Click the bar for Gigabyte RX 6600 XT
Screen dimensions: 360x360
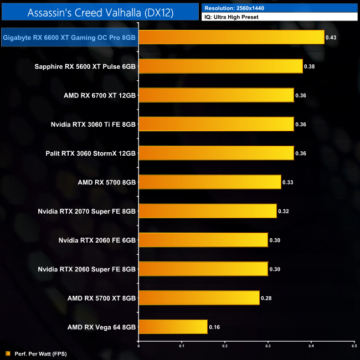coord(231,38)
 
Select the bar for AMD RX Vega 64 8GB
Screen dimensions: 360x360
coord(173,327)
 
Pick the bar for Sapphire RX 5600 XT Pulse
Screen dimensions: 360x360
coord(220,66)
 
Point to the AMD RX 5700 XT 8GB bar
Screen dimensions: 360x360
coord(199,298)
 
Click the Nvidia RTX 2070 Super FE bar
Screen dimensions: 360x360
coord(207,211)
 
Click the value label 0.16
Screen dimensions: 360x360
coord(214,327)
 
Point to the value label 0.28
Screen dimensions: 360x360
coord(266,298)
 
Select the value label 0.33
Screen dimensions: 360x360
coord(288,182)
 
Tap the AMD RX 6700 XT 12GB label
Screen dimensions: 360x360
coord(100,95)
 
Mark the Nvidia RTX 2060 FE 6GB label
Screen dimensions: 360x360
coord(97,240)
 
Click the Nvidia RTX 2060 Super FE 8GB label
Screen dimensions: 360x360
coord(87,269)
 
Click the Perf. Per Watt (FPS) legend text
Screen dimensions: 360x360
coord(34,353)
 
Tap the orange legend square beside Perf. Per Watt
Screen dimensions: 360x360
coord(7,353)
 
